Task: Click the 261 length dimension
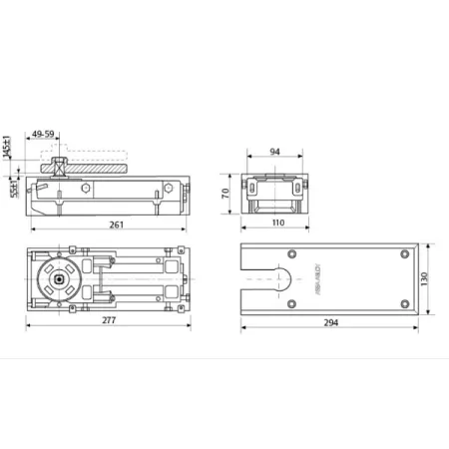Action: coord(116,224)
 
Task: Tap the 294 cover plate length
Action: coord(331,323)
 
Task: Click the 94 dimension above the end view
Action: coord(275,153)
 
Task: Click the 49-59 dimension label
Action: coord(45,133)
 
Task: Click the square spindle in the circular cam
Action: coord(63,280)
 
